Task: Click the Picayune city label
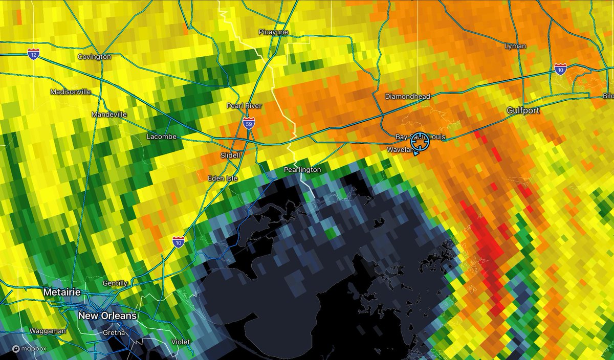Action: pos(274,32)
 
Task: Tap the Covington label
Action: pos(94,57)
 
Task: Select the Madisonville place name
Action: pos(71,92)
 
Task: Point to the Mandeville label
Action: pos(109,115)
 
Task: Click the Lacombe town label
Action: pos(161,137)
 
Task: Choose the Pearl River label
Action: pos(244,106)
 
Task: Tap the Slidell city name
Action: pos(230,155)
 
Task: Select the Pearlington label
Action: pos(302,170)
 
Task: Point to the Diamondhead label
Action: pos(408,96)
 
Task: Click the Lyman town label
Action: pos(515,46)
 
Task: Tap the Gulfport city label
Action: pos(523,110)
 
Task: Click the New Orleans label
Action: pos(107,316)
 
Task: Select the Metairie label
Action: pos(62,291)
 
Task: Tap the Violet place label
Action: pos(181,342)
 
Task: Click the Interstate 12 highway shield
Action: pos(33,54)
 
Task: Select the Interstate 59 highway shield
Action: pos(249,123)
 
